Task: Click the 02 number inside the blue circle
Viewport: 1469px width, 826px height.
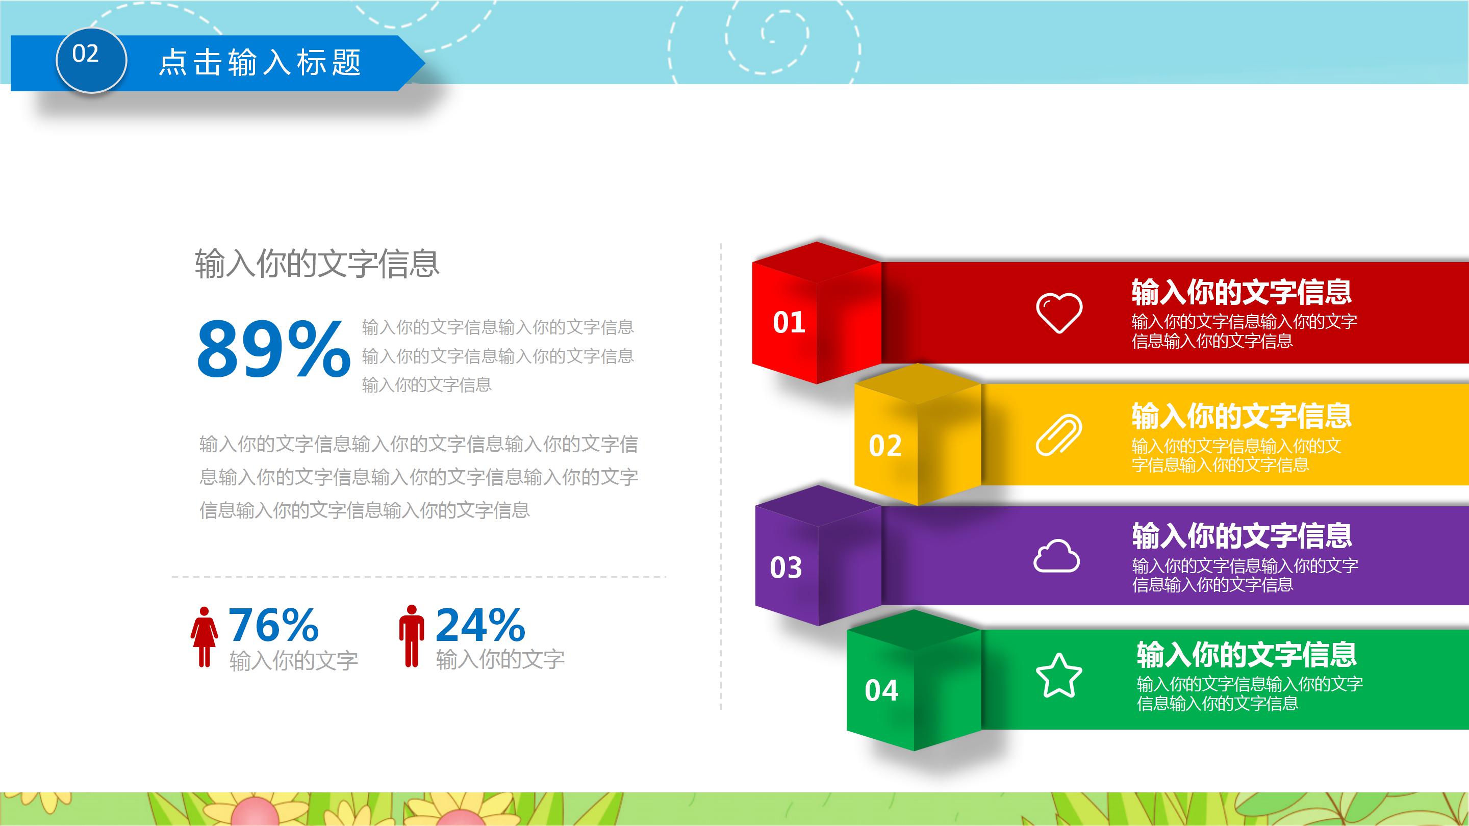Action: pos(86,54)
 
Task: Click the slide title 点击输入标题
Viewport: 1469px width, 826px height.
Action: pos(260,62)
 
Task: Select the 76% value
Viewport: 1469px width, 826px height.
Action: pos(273,625)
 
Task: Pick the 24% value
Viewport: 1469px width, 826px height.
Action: pos(479,625)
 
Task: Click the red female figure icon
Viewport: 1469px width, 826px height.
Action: pos(204,637)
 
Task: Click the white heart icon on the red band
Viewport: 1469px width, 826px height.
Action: pos(1058,313)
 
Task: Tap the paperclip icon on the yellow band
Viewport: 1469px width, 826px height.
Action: pos(1058,435)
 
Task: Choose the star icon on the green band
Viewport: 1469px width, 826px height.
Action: pos(1058,676)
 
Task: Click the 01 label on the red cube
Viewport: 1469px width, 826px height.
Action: pos(789,323)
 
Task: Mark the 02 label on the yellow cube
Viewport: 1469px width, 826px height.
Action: pos(884,446)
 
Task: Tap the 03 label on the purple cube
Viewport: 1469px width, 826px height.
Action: pos(786,568)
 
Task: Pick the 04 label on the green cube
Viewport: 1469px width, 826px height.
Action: pos(881,691)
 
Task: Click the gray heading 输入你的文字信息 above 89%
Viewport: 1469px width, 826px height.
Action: pos(317,264)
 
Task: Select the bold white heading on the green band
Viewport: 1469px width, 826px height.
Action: pos(1246,654)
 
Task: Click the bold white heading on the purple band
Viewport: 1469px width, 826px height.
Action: pos(1242,535)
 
